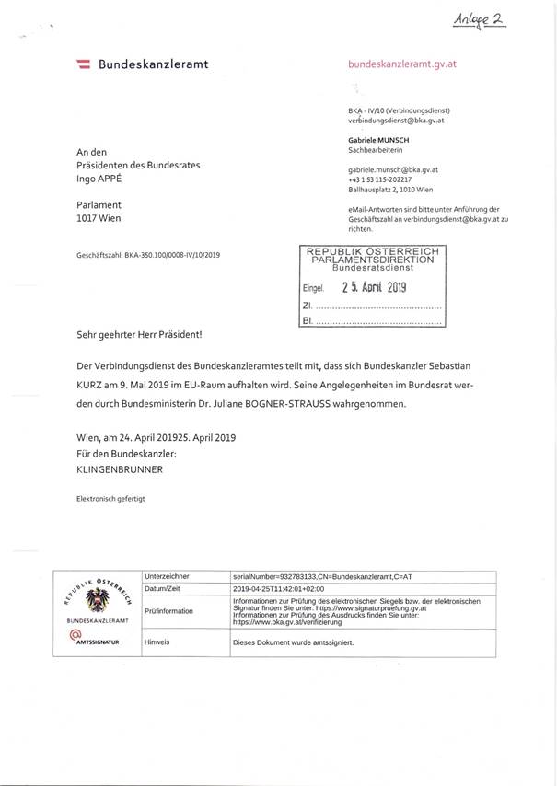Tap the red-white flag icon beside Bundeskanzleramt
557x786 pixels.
(82, 64)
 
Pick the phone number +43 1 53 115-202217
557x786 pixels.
(387, 179)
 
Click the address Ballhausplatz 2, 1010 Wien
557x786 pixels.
(391, 190)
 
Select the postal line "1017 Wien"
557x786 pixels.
(99, 219)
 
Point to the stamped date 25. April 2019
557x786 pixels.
(374, 287)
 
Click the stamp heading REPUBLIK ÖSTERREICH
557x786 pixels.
(372, 251)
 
